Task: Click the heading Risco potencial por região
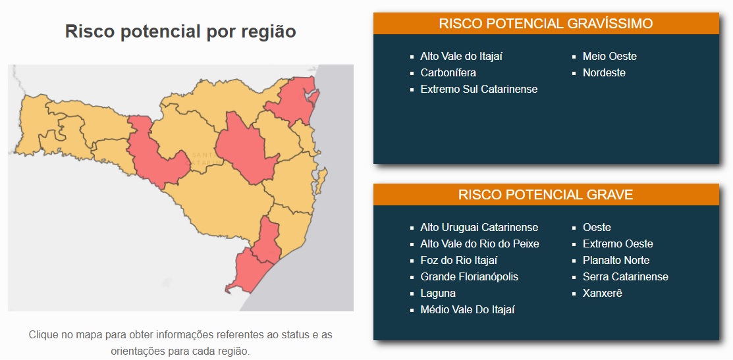180,32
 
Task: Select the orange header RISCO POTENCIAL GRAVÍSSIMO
546,23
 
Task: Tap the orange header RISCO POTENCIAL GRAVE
546,195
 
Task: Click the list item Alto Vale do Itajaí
462,56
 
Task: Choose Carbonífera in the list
448,72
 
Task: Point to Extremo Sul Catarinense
479,89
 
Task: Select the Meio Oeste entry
610,56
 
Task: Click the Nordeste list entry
604,72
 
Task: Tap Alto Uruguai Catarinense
479,228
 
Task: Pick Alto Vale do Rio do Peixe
479,244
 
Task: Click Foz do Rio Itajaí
459,260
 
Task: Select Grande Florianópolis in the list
470,277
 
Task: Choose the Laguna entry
438,294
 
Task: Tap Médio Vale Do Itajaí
468,309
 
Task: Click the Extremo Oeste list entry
618,244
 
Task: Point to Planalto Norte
616,260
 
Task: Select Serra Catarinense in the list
626,277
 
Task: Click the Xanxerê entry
602,294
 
